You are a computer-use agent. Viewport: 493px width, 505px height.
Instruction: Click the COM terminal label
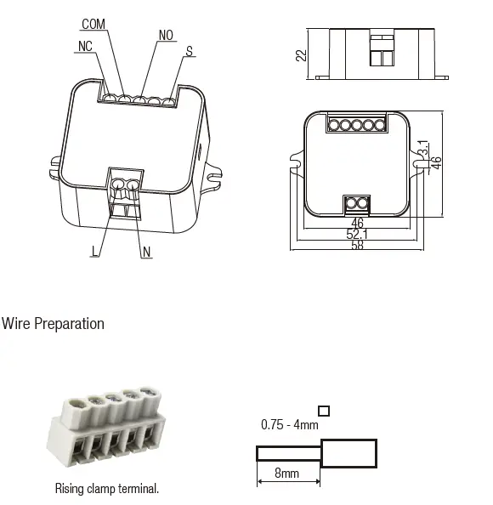tap(93, 24)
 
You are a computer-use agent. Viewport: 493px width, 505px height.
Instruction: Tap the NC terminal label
tap(83, 46)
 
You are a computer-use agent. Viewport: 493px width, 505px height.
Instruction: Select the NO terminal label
tap(167, 36)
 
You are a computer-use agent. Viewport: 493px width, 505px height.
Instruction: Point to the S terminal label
tap(189, 51)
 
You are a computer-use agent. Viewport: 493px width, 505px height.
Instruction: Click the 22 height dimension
tap(300, 54)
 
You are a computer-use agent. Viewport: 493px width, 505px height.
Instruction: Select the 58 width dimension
tap(357, 246)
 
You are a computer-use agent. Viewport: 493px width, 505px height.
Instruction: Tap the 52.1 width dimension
tap(357, 234)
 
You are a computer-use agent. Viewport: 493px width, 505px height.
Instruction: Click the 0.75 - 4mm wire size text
tap(288, 423)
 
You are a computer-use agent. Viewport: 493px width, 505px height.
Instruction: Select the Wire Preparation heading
tap(53, 324)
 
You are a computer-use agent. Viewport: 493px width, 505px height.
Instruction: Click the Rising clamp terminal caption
tap(107, 488)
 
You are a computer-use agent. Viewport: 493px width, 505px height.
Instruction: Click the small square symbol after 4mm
tap(323, 411)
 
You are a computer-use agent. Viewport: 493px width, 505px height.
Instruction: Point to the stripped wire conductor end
tap(288, 453)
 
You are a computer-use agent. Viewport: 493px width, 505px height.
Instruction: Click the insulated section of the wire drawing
tap(348, 453)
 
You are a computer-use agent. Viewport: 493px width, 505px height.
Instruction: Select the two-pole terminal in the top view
tap(357, 203)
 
